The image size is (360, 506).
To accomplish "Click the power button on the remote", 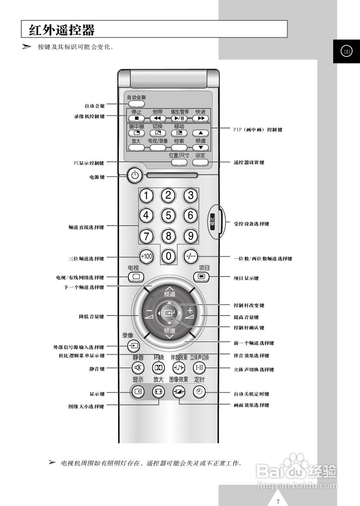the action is point(135,176).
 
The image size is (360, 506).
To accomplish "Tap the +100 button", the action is point(146,256).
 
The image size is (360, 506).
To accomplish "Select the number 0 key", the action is point(169,256).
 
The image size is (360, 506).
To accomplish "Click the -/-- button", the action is point(191,256).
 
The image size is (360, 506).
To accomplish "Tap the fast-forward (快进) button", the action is point(201,118).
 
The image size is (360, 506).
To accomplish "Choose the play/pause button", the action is point(179,118).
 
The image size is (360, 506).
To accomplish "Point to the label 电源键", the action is point(97,177).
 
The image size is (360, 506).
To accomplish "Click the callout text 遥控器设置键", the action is point(249,162).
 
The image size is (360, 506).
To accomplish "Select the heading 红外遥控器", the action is point(62,30).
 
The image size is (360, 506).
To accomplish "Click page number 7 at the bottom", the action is point(278,502).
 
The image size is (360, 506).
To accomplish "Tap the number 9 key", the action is point(191,236).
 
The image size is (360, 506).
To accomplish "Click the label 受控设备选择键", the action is point(251,224).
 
